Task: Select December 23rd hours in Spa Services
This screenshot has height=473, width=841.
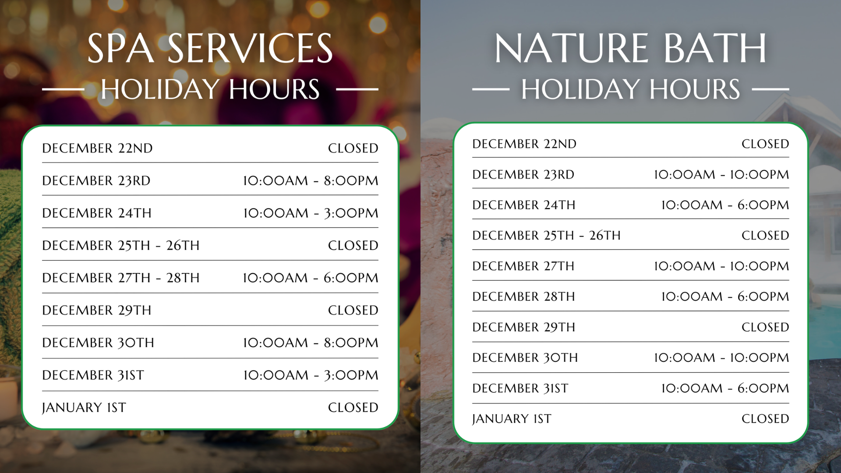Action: (311, 180)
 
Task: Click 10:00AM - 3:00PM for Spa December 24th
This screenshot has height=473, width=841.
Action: (311, 213)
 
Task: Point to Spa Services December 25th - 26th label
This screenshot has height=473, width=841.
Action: (121, 245)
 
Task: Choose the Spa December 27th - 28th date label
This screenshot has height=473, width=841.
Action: (121, 278)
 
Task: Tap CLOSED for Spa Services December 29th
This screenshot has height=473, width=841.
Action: (353, 310)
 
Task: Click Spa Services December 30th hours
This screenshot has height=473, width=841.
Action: (311, 342)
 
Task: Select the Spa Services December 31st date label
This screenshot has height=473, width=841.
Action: (93, 375)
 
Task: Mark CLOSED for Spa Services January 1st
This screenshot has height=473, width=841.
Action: (353, 407)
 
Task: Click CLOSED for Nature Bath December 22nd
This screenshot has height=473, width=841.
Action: (765, 144)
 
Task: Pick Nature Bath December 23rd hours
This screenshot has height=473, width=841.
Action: (721, 174)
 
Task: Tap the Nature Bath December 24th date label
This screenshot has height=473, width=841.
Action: (524, 205)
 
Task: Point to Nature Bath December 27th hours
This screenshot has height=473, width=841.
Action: (721, 266)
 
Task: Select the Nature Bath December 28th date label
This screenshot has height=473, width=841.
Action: (524, 297)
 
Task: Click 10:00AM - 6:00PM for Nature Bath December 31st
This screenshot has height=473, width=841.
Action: (725, 388)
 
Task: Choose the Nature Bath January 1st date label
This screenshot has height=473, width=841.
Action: (512, 419)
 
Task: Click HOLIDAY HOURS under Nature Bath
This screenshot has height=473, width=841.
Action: (631, 89)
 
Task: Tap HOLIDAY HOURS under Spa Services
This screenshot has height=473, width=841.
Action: (210, 89)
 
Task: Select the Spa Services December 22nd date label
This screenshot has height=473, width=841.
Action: (97, 148)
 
